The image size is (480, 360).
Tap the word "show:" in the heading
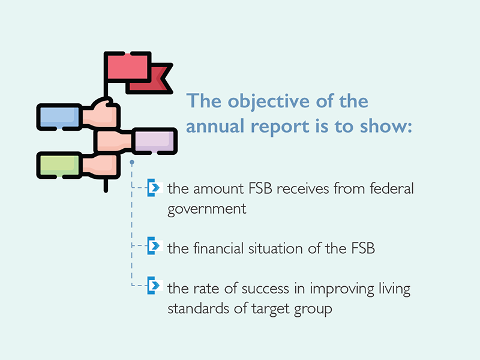[386, 126]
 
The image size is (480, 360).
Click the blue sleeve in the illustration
[59, 117]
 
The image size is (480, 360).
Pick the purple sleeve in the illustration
[155, 141]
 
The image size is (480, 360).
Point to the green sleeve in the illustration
[59, 166]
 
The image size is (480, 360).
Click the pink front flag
[128, 67]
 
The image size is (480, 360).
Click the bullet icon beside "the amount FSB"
[154, 187]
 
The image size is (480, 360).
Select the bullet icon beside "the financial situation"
[154, 245]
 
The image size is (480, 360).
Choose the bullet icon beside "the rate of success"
[154, 286]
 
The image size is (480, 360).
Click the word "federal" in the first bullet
[392, 188]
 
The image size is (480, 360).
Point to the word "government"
[206, 209]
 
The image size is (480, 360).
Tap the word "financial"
[218, 248]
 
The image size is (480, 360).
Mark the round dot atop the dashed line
[132, 162]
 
